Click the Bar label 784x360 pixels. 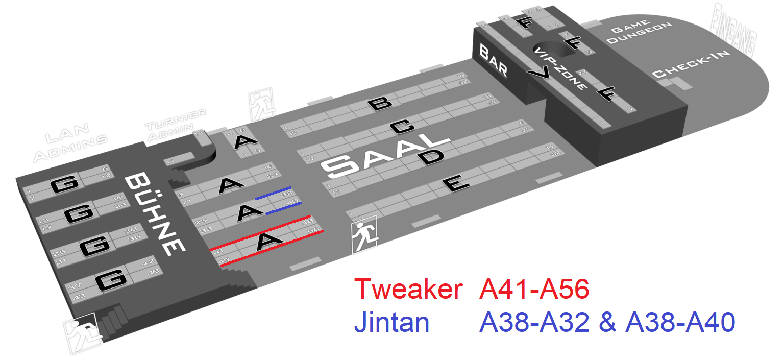point(493,60)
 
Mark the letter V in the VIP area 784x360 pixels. point(540,75)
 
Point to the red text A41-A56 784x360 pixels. point(534,290)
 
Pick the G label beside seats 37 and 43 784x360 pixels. point(112,280)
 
